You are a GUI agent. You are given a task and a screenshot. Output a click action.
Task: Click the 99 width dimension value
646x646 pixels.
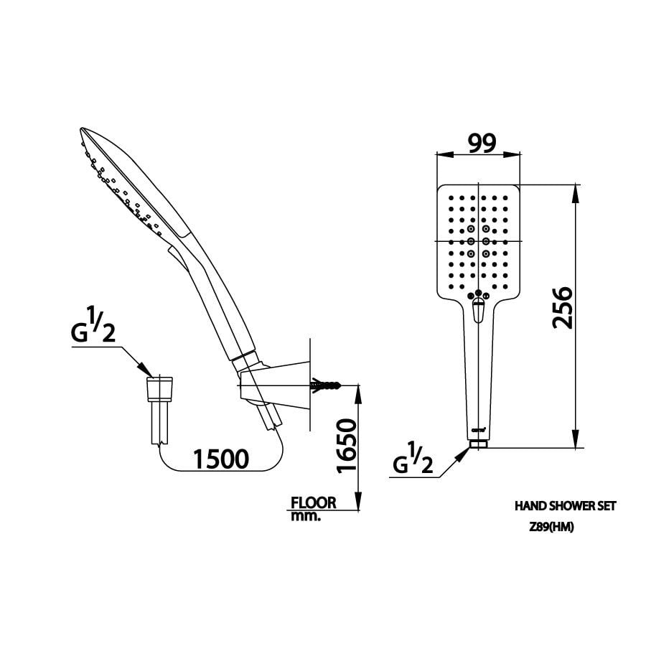pyautogui.click(x=482, y=143)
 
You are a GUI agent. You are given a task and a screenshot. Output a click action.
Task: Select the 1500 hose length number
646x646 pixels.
pyautogui.click(x=221, y=459)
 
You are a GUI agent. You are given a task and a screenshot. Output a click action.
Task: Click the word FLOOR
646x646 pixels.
pyautogui.click(x=314, y=502)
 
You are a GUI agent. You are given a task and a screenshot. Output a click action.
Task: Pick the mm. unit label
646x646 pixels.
pyautogui.click(x=306, y=517)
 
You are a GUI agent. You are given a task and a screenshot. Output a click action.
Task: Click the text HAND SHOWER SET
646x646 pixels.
pyautogui.click(x=566, y=506)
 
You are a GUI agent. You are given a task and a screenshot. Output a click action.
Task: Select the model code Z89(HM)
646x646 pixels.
pyautogui.click(x=551, y=528)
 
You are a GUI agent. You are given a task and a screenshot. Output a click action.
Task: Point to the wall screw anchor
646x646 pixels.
pyautogui.click(x=325, y=385)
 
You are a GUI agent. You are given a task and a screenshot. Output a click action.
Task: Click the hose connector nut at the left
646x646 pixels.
pyautogui.click(x=159, y=389)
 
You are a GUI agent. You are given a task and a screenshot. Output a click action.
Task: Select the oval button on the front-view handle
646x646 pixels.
pyautogui.click(x=478, y=311)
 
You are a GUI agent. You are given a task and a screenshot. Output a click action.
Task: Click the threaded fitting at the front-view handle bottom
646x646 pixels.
pyautogui.click(x=478, y=444)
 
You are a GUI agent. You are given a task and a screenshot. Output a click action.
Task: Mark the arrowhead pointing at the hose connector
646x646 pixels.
pyautogui.click(x=144, y=369)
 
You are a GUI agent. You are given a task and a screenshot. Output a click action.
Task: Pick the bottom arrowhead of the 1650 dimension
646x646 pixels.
pyautogui.click(x=358, y=502)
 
